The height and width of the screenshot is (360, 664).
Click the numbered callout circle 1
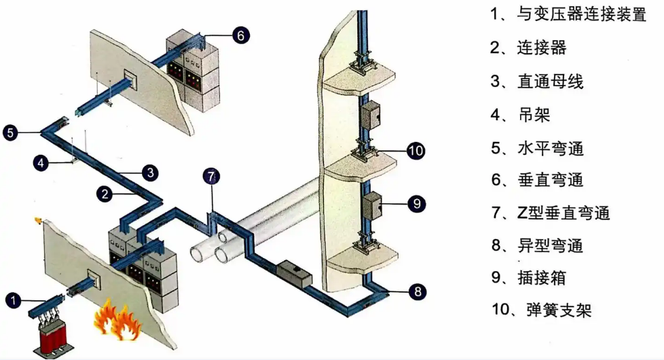13,298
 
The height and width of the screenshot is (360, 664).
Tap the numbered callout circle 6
241,35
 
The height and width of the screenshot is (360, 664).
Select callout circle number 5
10,132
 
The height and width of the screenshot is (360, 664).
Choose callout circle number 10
416,151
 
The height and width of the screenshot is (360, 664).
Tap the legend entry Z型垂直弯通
565,213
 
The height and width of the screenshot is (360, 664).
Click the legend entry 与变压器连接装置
581,15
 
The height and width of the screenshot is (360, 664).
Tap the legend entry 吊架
532,114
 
